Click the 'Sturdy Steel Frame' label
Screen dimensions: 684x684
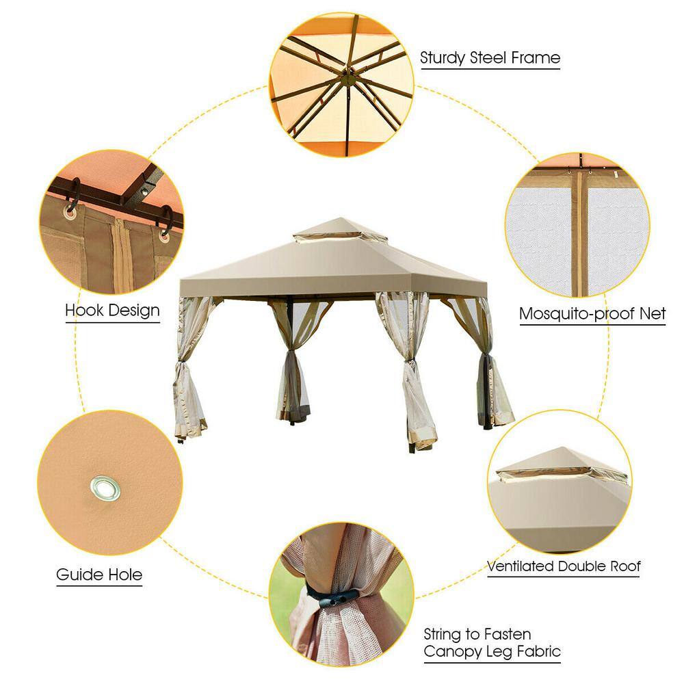(x=490, y=58)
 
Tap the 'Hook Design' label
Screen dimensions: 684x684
(x=113, y=310)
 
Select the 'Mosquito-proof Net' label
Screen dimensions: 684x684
(x=592, y=313)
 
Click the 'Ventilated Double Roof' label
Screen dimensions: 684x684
(x=564, y=566)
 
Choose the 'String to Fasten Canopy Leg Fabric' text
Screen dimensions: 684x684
(x=492, y=642)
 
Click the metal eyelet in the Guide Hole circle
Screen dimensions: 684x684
(x=105, y=488)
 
